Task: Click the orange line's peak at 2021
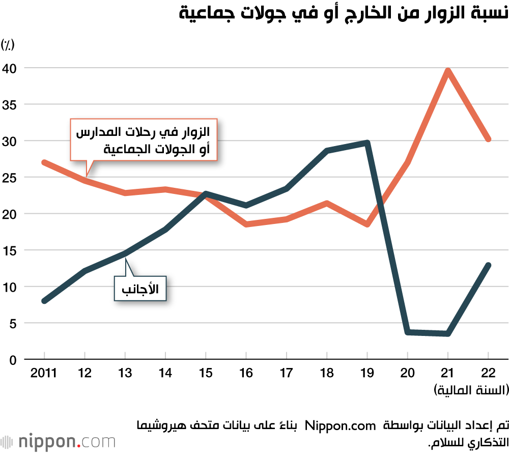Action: tap(447, 71)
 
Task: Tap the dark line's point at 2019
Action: tap(367, 143)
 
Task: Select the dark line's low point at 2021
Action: tap(447, 334)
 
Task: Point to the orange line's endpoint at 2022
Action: tap(488, 138)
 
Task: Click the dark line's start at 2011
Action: tap(45, 301)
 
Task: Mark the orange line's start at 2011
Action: tap(45, 162)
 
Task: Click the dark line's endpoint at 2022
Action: tap(488, 265)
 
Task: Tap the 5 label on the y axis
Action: tap(13, 323)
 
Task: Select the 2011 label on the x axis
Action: tap(44, 373)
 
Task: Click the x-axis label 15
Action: tap(205, 373)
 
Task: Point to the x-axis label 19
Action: tap(367, 373)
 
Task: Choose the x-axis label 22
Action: tap(488, 373)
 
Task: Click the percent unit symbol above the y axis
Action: tap(8, 45)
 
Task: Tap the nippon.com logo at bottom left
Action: tap(58, 441)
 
